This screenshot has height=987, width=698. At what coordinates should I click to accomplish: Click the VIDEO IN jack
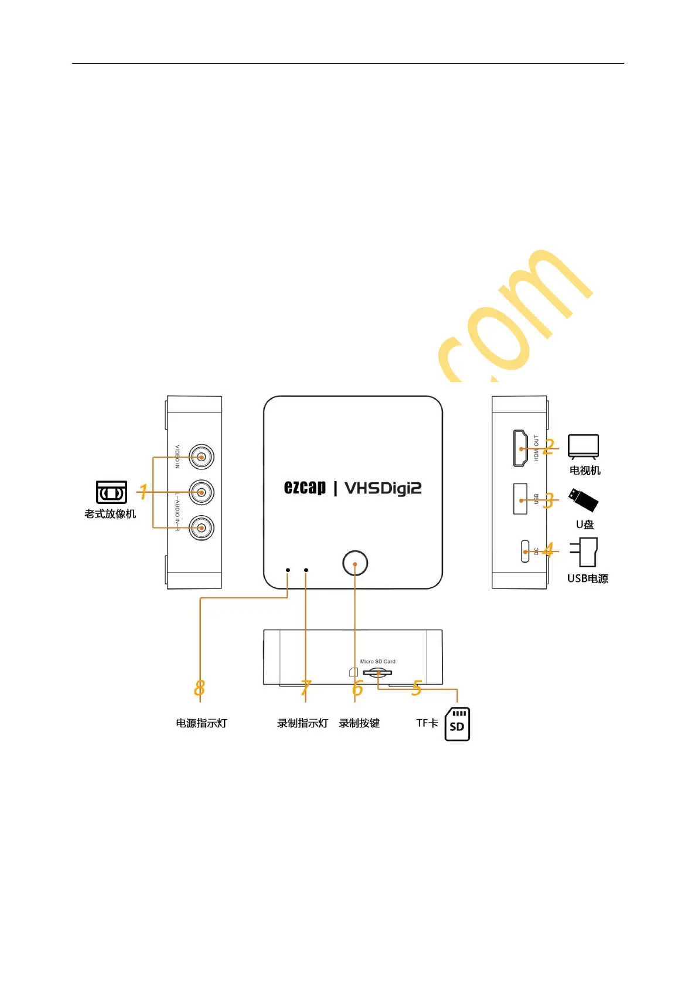pos(202,457)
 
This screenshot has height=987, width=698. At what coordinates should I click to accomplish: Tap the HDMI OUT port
pos(520,448)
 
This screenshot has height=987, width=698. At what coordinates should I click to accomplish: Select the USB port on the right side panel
pos(520,499)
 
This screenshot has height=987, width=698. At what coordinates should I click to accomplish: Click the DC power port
pos(525,551)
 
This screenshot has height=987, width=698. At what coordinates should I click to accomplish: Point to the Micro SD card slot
pos(378,672)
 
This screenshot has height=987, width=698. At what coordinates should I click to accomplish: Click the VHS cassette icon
pos(111,492)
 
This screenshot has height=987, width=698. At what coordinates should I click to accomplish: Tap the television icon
pos(583,447)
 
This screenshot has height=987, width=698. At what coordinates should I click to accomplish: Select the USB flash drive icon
pos(583,500)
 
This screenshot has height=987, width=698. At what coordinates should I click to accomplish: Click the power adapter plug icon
pos(584,552)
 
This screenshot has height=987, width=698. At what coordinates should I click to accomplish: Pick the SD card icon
pos(457,724)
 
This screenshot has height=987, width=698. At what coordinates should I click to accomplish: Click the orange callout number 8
pos(199,688)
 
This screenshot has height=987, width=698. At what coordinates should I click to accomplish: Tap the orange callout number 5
pos(417,688)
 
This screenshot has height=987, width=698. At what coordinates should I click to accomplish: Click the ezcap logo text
pos(305,488)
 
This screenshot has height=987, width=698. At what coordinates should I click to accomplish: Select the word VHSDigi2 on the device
pos(383,488)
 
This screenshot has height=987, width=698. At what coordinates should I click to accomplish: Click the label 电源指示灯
pos(201,723)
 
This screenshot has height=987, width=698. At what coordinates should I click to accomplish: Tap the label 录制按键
pos(359,723)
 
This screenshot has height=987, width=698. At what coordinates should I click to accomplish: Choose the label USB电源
pos(587,578)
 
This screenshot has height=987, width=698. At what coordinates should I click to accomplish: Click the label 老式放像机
pos(110,514)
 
